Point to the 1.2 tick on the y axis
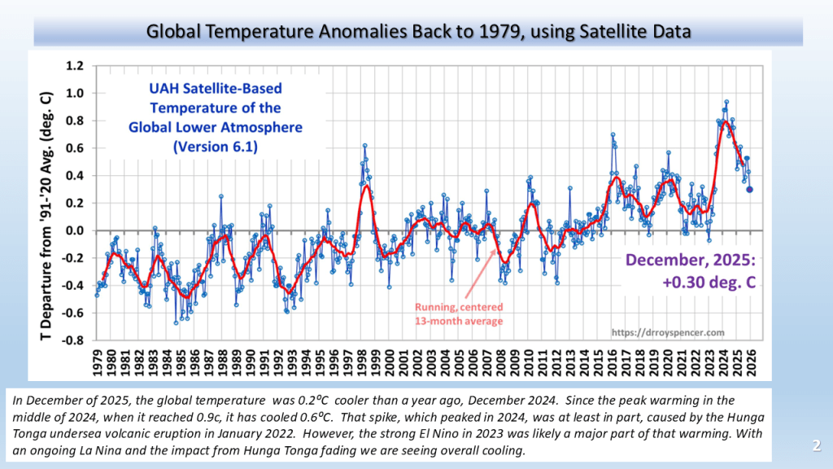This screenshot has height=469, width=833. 76,65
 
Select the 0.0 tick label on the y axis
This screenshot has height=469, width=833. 76,230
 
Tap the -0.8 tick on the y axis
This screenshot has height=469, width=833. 74,341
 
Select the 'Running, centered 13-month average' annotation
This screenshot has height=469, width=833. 459,313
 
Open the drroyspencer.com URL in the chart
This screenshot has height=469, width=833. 667,332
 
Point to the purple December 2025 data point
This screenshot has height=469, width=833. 749,189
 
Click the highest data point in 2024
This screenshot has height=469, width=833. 726,102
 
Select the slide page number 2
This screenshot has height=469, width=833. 815,446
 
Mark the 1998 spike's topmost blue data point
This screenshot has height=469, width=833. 364,146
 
